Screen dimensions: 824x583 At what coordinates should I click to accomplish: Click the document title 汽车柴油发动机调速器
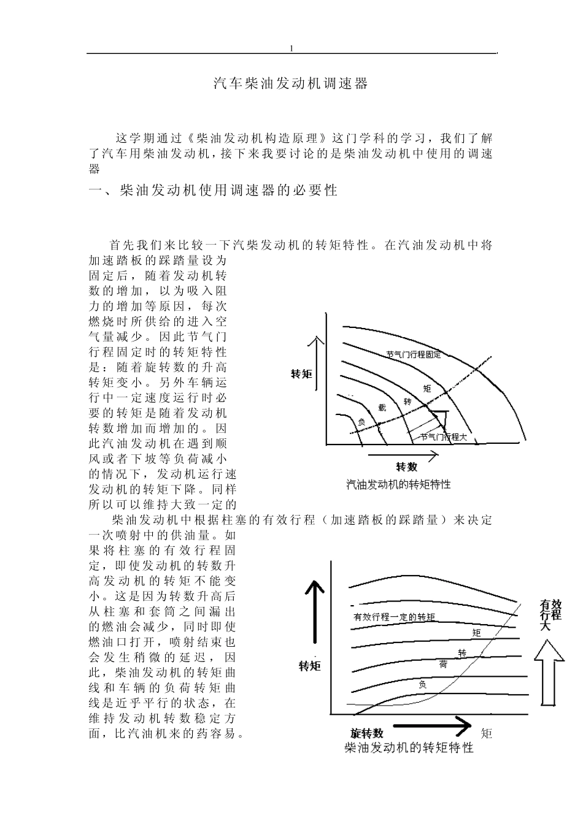click(x=291, y=84)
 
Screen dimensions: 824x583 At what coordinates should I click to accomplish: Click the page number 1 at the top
click(x=291, y=48)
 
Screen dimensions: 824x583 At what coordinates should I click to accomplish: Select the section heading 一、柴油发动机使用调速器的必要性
click(x=213, y=190)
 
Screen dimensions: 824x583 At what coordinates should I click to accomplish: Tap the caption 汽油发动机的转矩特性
click(x=398, y=484)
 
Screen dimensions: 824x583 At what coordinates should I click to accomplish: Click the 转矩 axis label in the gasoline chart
click(x=301, y=374)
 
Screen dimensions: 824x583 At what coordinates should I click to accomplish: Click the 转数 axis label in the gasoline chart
click(x=406, y=467)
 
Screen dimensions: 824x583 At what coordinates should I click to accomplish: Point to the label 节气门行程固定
click(x=414, y=354)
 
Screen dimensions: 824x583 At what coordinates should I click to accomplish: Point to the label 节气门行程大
click(x=443, y=437)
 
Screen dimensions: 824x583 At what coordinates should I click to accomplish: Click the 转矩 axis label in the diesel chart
click(x=310, y=666)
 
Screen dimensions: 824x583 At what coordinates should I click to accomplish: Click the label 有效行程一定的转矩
click(x=394, y=617)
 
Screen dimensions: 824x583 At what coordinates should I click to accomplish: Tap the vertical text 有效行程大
click(x=550, y=615)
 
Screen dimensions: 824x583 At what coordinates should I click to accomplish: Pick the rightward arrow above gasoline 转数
click(x=403, y=456)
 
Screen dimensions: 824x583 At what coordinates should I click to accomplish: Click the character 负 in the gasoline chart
click(x=361, y=422)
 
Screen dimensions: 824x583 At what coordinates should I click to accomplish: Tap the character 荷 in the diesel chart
click(x=444, y=665)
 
